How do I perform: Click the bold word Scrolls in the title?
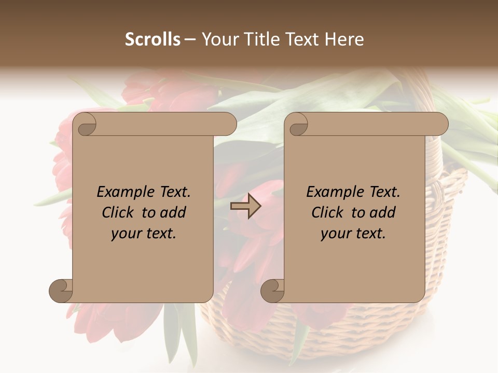point(153,39)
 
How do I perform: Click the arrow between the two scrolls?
point(245,206)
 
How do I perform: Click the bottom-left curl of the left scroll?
point(61,291)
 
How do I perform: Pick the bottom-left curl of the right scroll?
point(272,291)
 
